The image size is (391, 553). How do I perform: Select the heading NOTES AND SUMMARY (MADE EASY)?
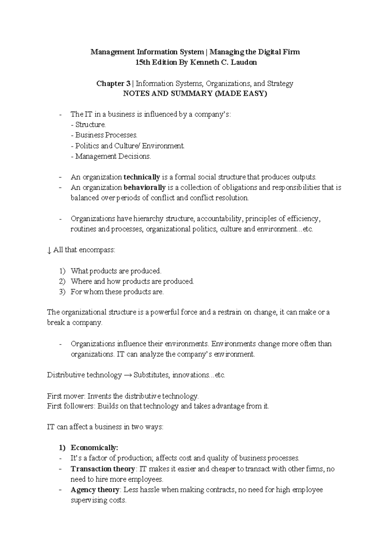coord(195,94)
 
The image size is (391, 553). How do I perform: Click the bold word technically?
coord(142,177)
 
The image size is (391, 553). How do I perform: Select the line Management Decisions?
coord(111,156)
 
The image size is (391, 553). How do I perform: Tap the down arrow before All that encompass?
coord(49,251)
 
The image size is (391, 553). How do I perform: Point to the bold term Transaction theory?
coord(102,469)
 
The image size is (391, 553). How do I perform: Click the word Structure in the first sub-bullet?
coord(90,125)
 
